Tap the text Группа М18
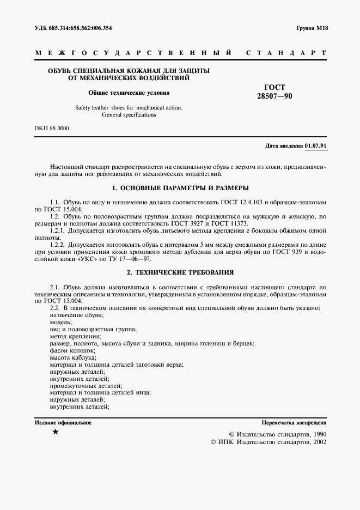pos(311,28)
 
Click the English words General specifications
pos(129,115)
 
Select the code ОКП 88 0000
pos(52,129)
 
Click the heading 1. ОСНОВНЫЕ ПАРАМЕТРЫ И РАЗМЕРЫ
pos(180,187)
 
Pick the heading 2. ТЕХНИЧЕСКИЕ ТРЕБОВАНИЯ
pos(180,271)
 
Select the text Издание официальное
pos(63,422)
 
